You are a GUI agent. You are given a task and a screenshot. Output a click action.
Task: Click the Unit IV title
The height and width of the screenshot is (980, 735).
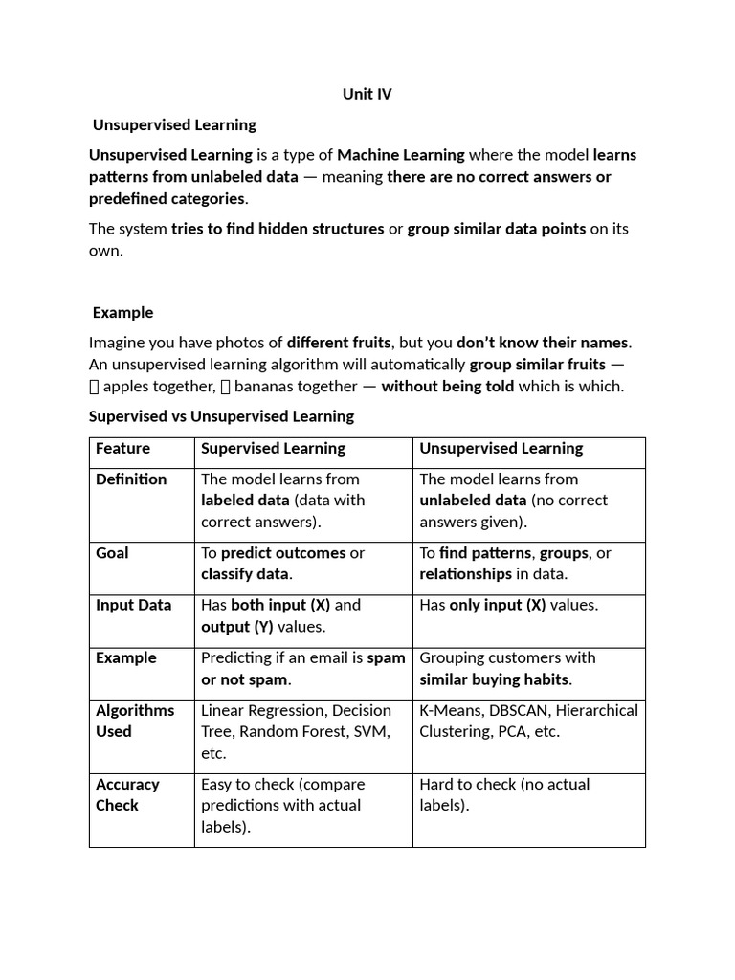[367, 94]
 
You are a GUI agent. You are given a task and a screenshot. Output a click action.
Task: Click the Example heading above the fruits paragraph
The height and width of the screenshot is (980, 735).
[122, 312]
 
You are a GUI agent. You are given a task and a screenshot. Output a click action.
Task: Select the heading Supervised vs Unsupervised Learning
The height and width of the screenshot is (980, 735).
[221, 416]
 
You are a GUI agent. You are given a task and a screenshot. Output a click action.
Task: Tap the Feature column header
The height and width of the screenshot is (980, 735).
[122, 448]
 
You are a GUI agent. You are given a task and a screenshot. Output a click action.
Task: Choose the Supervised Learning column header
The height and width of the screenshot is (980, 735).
[273, 448]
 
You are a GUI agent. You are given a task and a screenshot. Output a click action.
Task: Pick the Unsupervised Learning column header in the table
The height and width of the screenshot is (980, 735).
[501, 448]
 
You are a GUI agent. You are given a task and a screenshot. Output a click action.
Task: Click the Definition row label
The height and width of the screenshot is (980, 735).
[131, 479]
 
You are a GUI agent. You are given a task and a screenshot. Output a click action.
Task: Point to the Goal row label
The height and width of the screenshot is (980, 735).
[112, 553]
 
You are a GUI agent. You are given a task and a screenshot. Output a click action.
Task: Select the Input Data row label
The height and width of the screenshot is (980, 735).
[133, 605]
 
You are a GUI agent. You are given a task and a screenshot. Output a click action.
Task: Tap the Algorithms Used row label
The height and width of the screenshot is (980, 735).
[134, 721]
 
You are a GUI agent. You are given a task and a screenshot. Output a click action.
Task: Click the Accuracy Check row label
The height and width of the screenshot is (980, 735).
[127, 794]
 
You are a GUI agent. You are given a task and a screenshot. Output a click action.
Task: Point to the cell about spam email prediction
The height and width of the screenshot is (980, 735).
[302, 668]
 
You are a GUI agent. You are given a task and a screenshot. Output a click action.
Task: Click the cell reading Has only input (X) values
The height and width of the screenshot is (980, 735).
[508, 605]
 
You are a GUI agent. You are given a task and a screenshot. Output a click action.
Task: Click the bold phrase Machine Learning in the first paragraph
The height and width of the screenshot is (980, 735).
[401, 155]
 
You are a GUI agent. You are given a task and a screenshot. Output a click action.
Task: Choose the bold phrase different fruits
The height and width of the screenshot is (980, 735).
[339, 343]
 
